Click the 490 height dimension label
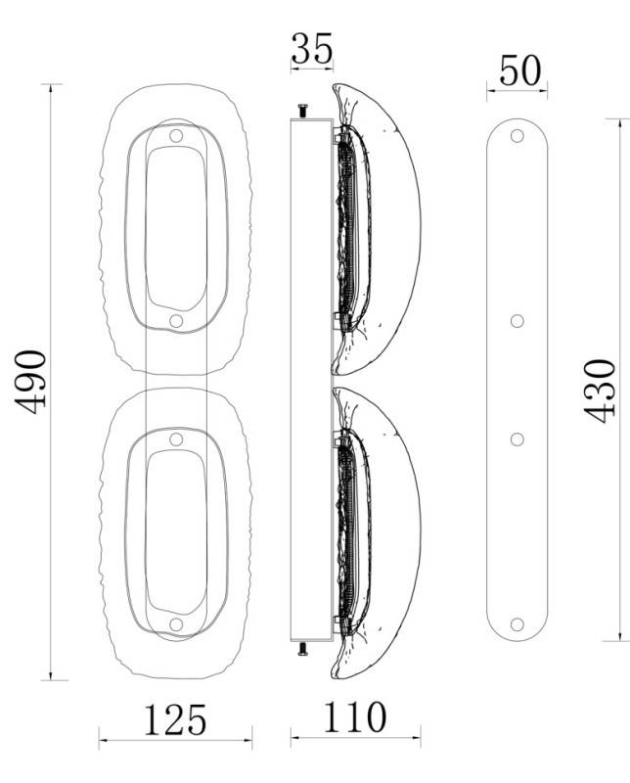pos(31,383)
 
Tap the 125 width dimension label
pos(175,720)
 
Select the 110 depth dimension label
pos(355,717)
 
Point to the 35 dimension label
pos(312,48)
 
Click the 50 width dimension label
pos(519,70)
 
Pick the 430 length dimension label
pos(600,391)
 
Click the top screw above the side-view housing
pos(302,111)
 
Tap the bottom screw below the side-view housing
pos(302,649)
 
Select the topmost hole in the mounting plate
pos(517,136)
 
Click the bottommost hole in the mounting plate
pos(517,624)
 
